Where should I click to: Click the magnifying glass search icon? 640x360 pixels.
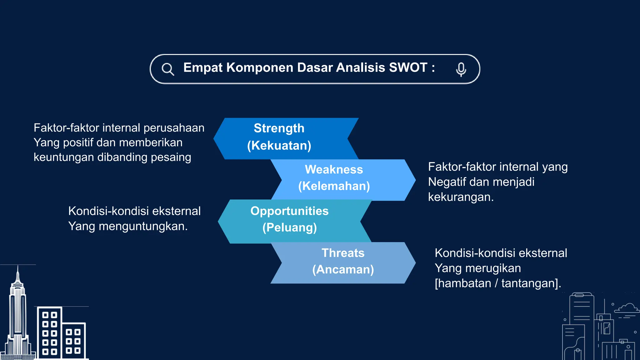point(167,69)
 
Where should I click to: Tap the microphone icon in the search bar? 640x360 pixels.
point(461,69)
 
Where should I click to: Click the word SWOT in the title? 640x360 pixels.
point(408,67)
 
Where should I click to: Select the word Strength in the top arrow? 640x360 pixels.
point(279,128)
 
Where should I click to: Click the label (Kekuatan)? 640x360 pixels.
point(279,146)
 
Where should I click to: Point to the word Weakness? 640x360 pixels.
point(334,169)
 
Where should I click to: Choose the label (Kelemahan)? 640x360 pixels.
point(334,186)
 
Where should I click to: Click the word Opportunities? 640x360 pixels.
point(289,211)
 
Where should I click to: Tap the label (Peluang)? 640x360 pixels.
point(289,227)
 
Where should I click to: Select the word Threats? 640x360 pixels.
point(343,253)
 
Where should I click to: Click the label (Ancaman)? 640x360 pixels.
point(343,269)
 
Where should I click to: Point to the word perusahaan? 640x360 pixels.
point(174,128)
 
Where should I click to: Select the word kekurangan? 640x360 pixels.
point(461,197)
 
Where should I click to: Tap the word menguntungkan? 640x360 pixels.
point(143,226)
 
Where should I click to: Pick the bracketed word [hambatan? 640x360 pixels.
point(463,283)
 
